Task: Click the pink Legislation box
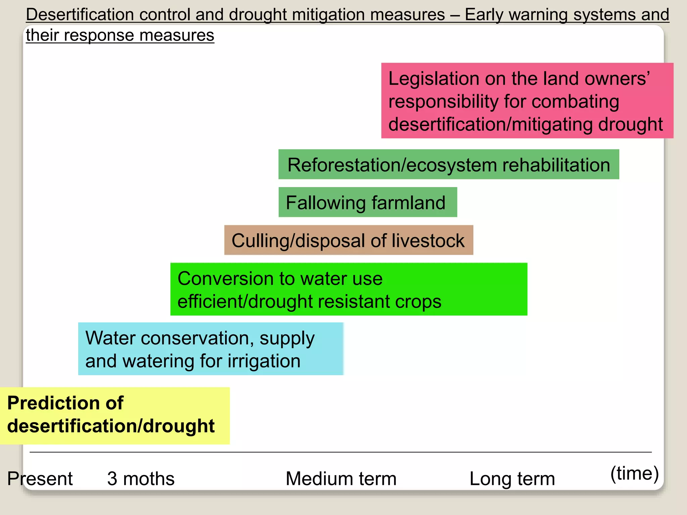click(x=527, y=101)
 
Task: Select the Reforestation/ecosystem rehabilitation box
click(x=448, y=164)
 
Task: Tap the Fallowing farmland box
click(x=368, y=202)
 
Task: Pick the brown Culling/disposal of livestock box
click(x=349, y=240)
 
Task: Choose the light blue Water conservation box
click(x=211, y=349)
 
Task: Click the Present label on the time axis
click(x=40, y=478)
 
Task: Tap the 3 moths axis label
click(x=141, y=478)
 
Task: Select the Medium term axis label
click(x=341, y=478)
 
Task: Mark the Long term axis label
click(x=512, y=478)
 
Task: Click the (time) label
click(x=634, y=473)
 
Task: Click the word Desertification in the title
click(x=80, y=15)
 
